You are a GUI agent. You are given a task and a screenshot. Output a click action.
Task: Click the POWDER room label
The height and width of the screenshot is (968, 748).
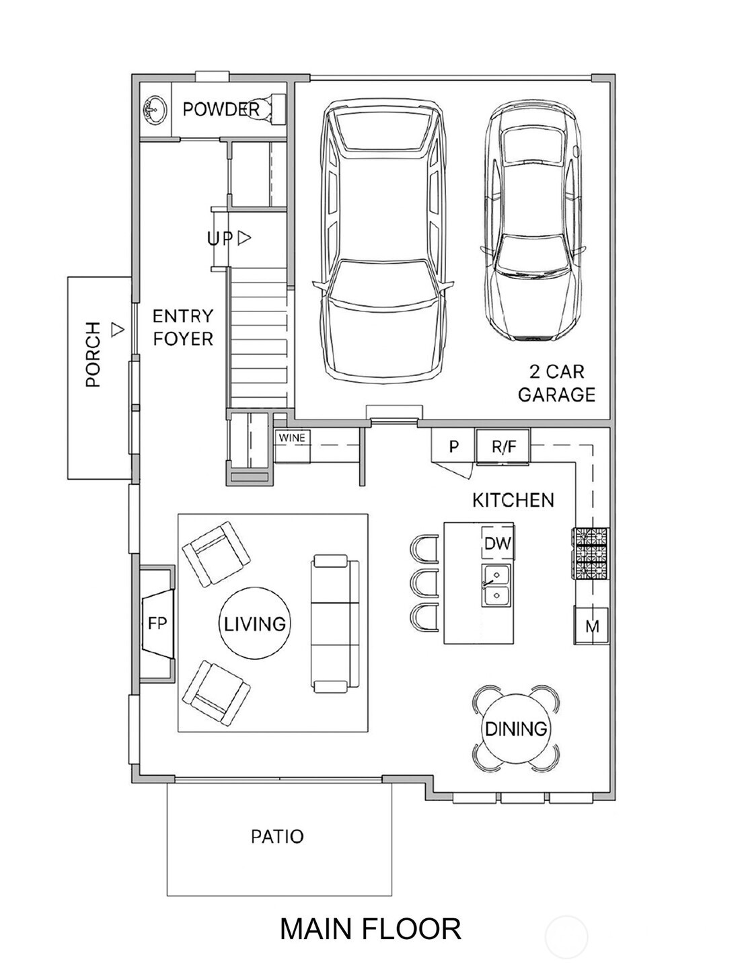(221, 109)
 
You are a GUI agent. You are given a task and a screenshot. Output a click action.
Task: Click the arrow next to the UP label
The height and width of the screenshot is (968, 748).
(244, 238)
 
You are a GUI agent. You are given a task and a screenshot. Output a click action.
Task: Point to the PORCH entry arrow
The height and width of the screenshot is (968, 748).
(117, 329)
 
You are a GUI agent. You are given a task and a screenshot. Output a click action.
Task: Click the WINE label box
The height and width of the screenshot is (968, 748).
(292, 437)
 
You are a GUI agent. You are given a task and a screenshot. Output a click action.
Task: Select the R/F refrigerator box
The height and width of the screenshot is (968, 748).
(503, 447)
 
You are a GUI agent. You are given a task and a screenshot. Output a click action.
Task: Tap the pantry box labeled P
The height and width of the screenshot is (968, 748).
(453, 447)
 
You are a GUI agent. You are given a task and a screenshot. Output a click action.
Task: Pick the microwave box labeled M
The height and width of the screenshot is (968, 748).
(591, 626)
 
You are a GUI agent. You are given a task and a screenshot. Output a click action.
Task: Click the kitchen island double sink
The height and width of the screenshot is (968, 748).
(496, 585)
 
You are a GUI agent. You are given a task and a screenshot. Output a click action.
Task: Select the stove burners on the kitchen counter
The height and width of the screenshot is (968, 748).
(591, 553)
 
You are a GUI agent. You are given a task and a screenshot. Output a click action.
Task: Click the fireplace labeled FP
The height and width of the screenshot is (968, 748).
(157, 623)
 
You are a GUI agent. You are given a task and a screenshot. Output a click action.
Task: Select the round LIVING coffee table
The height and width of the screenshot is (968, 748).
(255, 623)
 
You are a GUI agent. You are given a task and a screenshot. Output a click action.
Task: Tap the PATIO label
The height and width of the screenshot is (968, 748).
(277, 837)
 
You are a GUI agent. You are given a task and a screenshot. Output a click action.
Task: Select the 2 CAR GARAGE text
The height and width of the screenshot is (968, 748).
(556, 383)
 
